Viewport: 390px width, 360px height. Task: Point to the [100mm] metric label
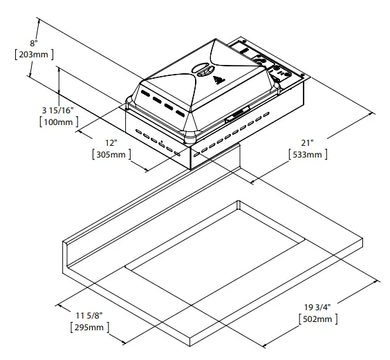57,122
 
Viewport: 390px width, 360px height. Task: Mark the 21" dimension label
306,142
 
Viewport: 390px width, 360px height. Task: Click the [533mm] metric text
307,155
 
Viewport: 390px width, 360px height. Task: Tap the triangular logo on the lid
221,79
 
